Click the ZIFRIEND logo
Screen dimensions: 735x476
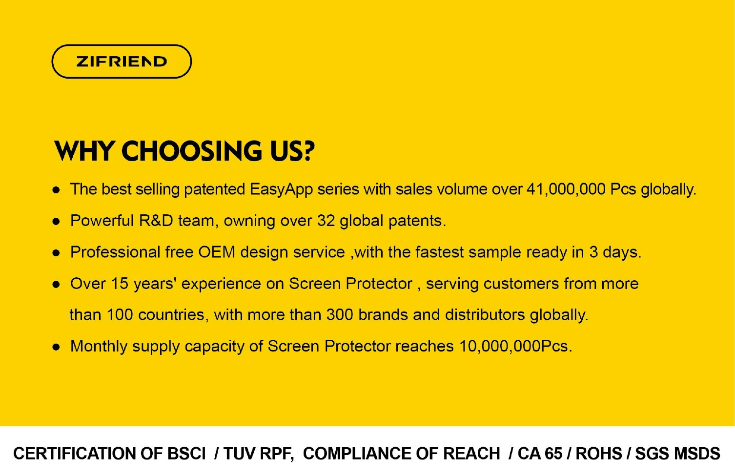click(x=122, y=62)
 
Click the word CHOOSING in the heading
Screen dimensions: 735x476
click(x=192, y=151)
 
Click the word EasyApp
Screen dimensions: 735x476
click(x=281, y=190)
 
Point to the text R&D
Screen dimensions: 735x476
click(x=156, y=221)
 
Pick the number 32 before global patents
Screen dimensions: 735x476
click(x=326, y=221)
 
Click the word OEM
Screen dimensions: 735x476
click(x=217, y=252)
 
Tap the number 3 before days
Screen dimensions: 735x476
click(x=593, y=252)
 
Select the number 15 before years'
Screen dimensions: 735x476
click(x=120, y=284)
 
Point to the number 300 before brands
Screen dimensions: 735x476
click(x=340, y=315)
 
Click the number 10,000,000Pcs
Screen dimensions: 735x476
click(x=515, y=346)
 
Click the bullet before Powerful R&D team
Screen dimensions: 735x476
click(x=56, y=222)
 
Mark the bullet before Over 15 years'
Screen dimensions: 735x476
click(x=56, y=285)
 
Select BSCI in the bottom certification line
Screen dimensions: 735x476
click(x=186, y=454)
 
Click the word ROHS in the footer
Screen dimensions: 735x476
click(x=599, y=454)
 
